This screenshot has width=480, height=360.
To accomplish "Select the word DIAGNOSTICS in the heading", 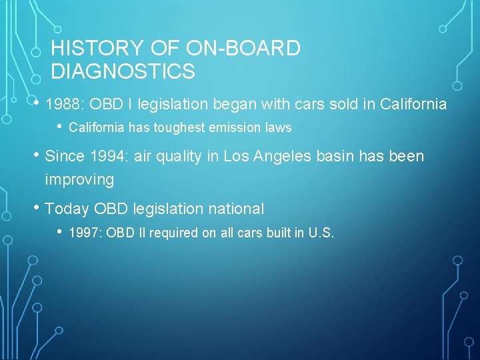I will (x=123, y=71).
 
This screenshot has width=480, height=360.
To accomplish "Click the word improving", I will (x=79, y=180).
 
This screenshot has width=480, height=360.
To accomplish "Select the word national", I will (x=236, y=209).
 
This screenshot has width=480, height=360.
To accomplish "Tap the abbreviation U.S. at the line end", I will (x=321, y=233).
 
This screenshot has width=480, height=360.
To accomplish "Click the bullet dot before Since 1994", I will (x=37, y=155).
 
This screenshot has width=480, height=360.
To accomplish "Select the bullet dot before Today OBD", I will (x=37, y=208).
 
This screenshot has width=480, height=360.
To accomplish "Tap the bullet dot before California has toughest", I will (x=60, y=127).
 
